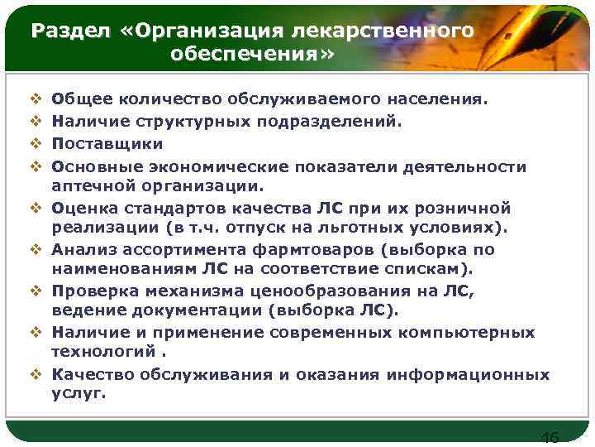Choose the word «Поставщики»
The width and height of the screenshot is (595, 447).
(103, 144)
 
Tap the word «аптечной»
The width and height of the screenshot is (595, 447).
(91, 185)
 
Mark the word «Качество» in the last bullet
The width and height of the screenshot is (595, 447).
(92, 374)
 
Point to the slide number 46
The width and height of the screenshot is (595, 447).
(549, 437)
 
